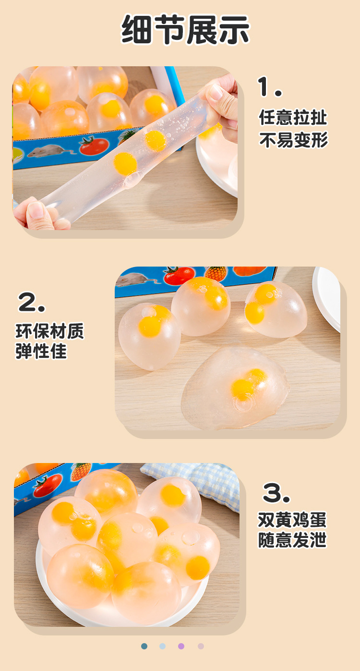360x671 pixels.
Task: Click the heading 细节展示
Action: click(x=185, y=30)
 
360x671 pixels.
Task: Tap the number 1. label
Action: click(x=270, y=87)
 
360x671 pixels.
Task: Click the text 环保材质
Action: click(x=49, y=331)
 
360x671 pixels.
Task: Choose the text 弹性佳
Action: click(x=41, y=352)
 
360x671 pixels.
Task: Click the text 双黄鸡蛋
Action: click(x=292, y=520)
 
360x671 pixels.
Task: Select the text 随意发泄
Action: click(x=292, y=540)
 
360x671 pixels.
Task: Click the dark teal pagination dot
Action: click(x=144, y=646)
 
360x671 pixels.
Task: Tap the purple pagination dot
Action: click(x=181, y=646)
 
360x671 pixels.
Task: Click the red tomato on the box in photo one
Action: click(x=94, y=146)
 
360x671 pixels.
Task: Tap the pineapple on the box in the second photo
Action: click(x=216, y=273)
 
